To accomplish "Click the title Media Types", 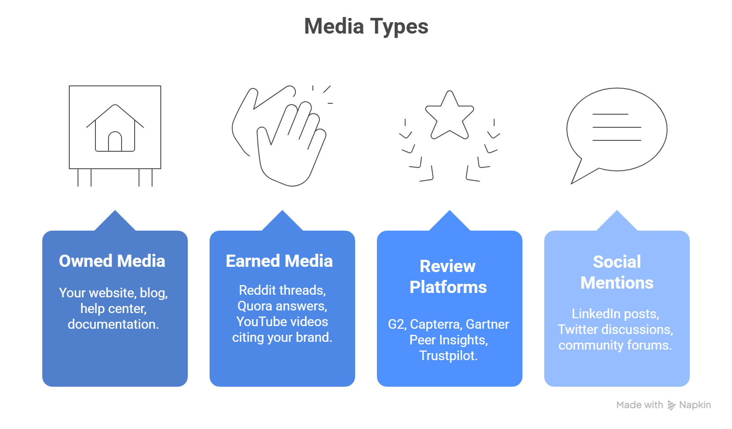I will tap(366, 27).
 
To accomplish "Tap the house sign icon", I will tap(115, 131).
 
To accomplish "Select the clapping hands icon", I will tap(281, 135).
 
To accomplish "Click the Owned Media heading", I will tap(112, 261).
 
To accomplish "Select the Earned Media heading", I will tap(279, 261).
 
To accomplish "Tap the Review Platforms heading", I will tap(448, 277).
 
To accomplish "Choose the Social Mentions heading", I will tap(617, 272).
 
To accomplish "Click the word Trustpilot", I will tap(448, 356).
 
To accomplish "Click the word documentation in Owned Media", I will tap(113, 324).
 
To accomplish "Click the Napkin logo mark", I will tap(671, 405).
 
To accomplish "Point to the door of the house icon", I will tap(115, 142).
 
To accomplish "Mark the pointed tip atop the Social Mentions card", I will tap(617, 211).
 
